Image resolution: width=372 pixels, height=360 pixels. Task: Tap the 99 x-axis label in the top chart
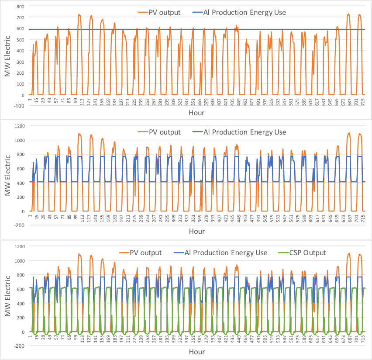point(75,101)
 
